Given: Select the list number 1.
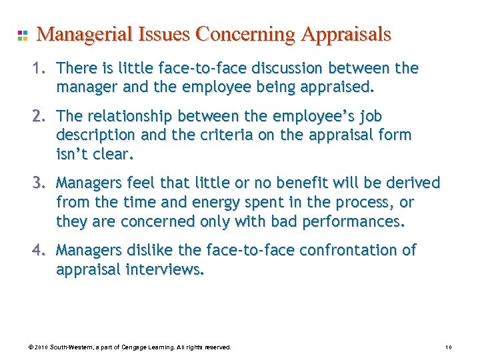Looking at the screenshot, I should point(41,68).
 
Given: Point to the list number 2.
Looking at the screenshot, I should point(41,117).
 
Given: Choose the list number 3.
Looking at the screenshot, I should point(41,183).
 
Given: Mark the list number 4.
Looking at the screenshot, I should point(41,250).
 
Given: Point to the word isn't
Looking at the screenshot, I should point(73,154).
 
